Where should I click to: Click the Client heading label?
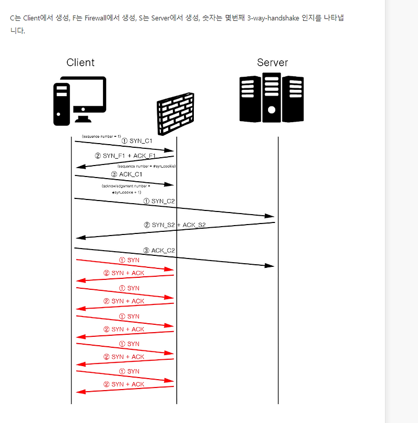click(x=80, y=63)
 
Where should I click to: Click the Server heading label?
click(x=272, y=63)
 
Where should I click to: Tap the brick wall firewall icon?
click(x=176, y=114)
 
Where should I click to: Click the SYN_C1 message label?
click(x=137, y=141)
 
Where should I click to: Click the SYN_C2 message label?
click(x=159, y=201)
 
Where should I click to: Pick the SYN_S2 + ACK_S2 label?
click(x=175, y=225)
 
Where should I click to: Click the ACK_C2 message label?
click(x=159, y=251)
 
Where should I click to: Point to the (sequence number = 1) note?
click(x=101, y=136)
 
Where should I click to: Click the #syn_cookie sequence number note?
click(x=143, y=166)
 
